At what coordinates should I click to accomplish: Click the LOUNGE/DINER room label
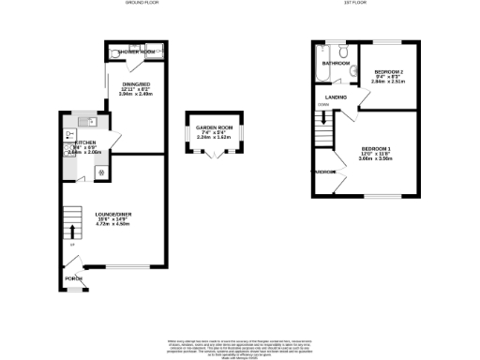pyautogui.click(x=112, y=215)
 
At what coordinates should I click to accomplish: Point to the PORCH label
pyautogui.click(x=72, y=278)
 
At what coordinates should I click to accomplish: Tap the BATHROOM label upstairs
pyautogui.click(x=336, y=63)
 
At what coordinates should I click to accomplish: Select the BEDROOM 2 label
pyautogui.click(x=388, y=72)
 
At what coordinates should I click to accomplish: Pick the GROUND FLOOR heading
pyautogui.click(x=140, y=4)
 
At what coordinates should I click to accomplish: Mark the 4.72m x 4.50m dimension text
pyautogui.click(x=112, y=225)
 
